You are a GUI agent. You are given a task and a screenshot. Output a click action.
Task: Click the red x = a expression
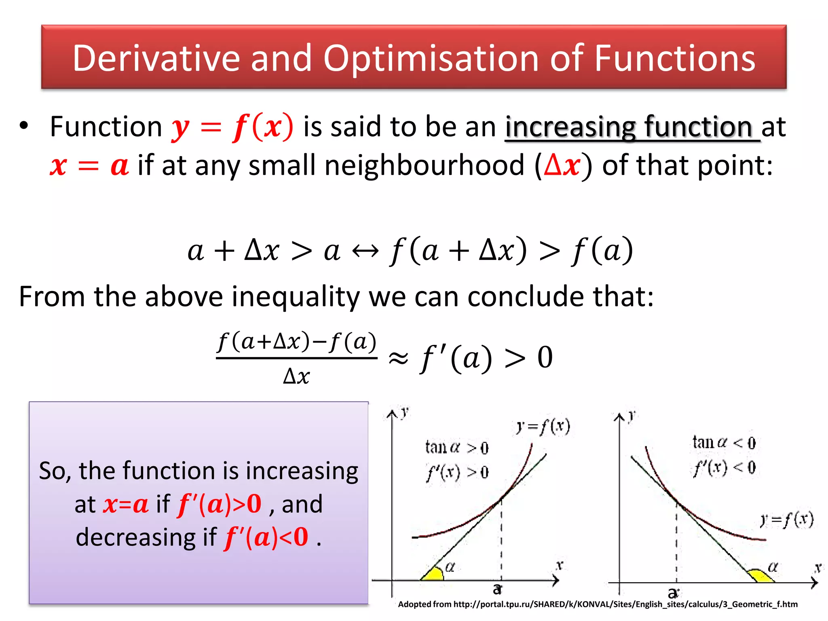(x=89, y=166)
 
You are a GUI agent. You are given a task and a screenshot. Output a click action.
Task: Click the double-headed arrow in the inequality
(x=365, y=251)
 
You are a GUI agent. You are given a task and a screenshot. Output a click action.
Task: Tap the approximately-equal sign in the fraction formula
(x=398, y=358)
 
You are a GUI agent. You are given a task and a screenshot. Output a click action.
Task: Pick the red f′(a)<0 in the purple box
(x=266, y=537)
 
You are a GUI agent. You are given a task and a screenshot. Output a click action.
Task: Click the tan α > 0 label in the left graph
(x=457, y=448)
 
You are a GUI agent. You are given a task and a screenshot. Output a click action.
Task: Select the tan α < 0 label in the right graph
(x=724, y=443)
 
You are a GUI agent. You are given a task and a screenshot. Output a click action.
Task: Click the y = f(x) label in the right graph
(x=786, y=520)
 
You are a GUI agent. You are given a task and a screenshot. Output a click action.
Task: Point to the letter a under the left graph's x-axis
(x=497, y=589)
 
